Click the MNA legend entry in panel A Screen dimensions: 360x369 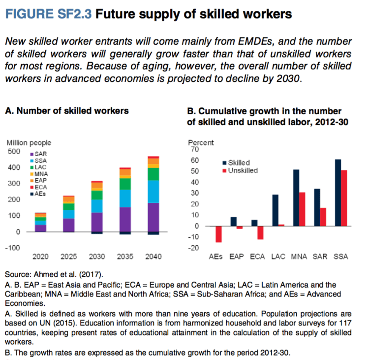(x=41, y=174)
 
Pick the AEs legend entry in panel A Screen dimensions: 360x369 (x=41, y=194)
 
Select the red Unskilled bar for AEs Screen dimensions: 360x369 (x=218, y=234)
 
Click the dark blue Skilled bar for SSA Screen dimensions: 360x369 (x=338, y=193)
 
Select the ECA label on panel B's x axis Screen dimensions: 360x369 (x=256, y=257)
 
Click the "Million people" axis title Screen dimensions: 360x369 (x=29, y=143)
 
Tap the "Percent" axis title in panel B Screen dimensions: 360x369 (x=201, y=143)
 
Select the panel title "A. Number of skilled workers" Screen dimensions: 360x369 (x=67, y=110)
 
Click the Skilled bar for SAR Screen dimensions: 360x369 (x=317, y=207)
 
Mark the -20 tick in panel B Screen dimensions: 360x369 (x=193, y=248)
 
